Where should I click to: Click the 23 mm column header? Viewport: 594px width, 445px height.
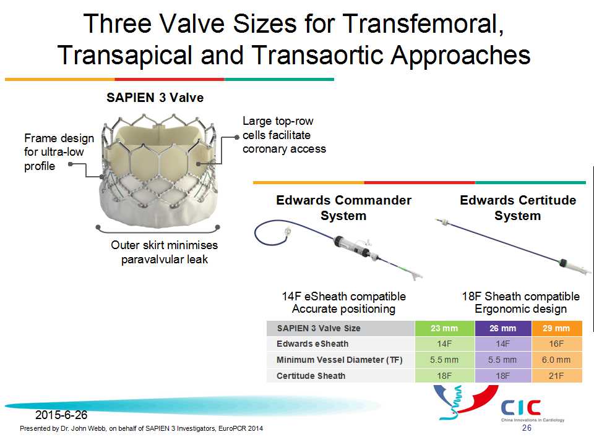(x=444, y=328)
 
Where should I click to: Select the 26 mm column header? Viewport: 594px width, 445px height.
(x=502, y=328)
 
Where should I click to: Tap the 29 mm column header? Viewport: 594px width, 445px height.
(x=556, y=328)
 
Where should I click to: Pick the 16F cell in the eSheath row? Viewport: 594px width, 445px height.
(x=556, y=344)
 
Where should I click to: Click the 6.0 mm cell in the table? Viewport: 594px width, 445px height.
(x=556, y=360)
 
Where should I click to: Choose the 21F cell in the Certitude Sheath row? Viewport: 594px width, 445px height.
(x=556, y=376)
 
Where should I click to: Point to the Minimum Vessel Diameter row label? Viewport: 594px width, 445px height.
(x=340, y=360)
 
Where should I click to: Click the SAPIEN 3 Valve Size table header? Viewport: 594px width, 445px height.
(x=319, y=328)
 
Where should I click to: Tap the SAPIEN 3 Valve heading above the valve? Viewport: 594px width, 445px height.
(x=155, y=98)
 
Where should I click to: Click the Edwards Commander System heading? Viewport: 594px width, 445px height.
(x=343, y=208)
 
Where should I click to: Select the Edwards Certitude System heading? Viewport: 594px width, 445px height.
(x=518, y=208)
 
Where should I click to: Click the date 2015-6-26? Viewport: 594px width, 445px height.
(x=61, y=415)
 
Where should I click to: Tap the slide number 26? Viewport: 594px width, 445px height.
(x=527, y=428)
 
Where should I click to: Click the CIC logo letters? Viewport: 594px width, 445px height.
(x=521, y=407)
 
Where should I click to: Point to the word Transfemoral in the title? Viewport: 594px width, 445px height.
(x=423, y=24)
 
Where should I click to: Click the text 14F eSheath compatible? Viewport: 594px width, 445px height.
(x=343, y=296)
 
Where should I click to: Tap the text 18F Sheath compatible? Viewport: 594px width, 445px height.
(x=520, y=296)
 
